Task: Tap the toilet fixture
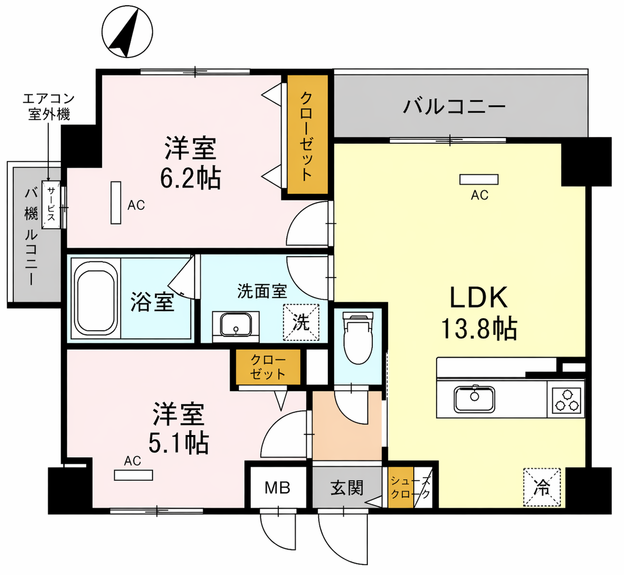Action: (x=358, y=338)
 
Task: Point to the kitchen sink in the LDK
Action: (x=474, y=399)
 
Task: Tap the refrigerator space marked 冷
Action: (x=542, y=487)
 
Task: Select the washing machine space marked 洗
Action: (x=301, y=322)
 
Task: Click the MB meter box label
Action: (x=278, y=488)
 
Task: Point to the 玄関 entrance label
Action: (x=347, y=488)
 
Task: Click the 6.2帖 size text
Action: (x=191, y=179)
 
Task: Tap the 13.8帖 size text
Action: (x=479, y=329)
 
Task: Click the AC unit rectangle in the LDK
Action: (x=479, y=180)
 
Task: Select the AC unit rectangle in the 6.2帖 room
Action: (x=116, y=202)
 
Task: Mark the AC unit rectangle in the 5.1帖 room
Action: (x=133, y=475)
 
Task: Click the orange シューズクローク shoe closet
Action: (x=400, y=487)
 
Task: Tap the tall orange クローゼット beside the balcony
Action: (x=308, y=135)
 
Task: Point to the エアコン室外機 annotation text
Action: (x=49, y=106)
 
